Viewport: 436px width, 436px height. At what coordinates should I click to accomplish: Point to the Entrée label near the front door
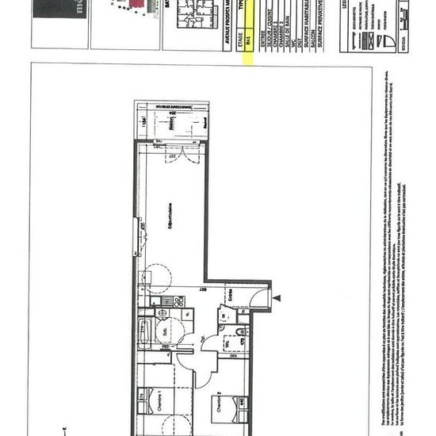click(x=230, y=293)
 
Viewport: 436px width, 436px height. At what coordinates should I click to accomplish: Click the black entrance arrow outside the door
click(x=277, y=299)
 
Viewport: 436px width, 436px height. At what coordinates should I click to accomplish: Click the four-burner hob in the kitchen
click(x=178, y=300)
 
